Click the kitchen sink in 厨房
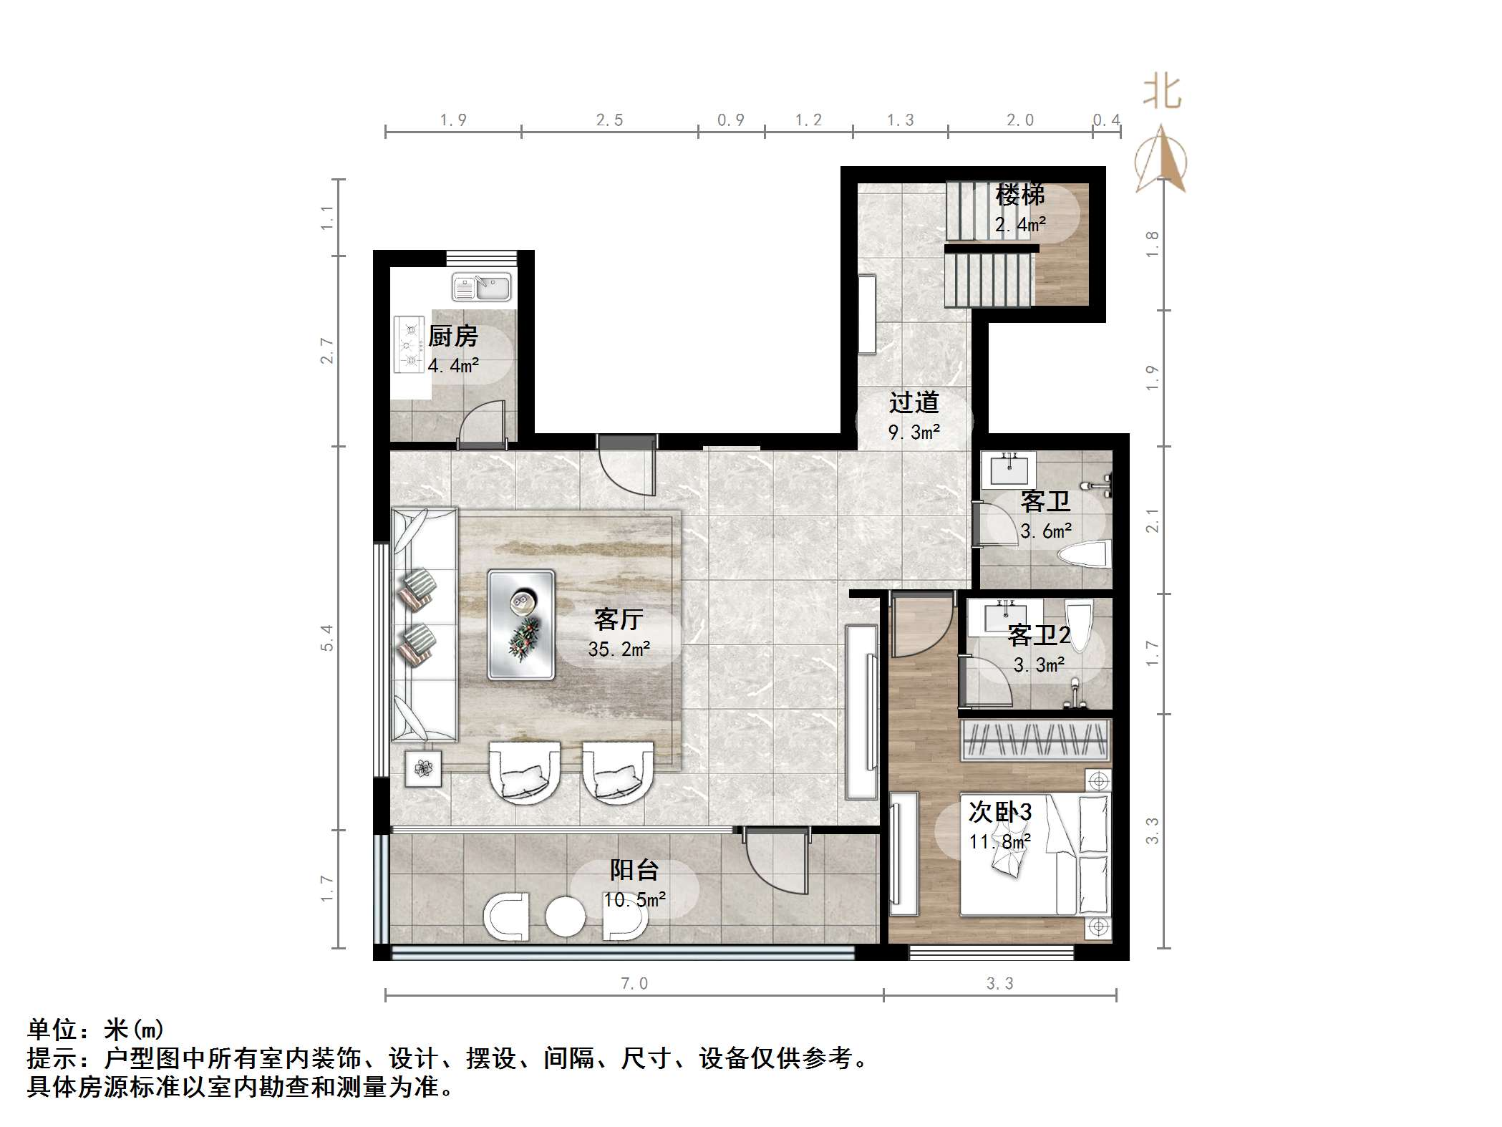(481, 287)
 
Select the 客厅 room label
(618, 619)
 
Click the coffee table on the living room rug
(521, 624)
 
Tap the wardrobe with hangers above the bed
(1035, 738)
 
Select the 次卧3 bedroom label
(999, 812)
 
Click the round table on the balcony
(566, 916)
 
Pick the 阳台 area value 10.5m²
(634, 900)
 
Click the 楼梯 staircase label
(1020, 195)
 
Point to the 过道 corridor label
(914, 403)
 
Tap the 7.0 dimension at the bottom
(634, 984)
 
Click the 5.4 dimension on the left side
(327, 637)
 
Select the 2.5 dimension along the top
(609, 120)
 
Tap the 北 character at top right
(1161, 93)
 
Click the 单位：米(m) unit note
(96, 1030)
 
